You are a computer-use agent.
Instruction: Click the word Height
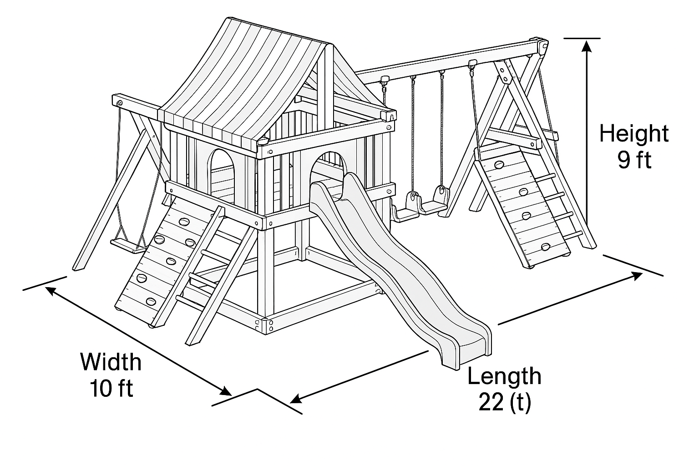633,134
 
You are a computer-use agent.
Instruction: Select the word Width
111,362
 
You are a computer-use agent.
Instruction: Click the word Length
504,376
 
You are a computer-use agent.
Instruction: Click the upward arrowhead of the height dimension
587,45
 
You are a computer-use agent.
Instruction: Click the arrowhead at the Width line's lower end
226,391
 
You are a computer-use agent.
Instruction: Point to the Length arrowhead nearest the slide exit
296,399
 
